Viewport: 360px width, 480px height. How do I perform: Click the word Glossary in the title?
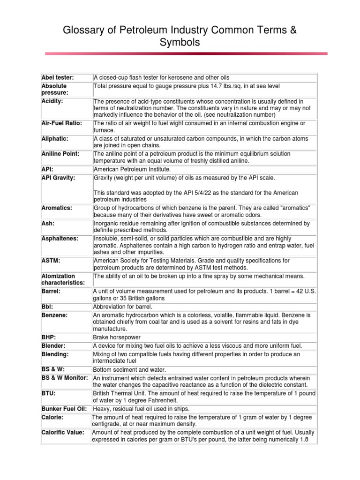click(83, 31)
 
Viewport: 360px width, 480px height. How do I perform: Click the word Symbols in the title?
click(180, 43)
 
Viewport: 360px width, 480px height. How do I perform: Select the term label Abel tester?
click(58, 77)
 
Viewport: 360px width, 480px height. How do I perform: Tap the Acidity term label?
click(52, 101)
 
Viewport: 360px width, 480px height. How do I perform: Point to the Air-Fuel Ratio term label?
click(61, 123)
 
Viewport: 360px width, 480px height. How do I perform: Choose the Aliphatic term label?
click(55, 139)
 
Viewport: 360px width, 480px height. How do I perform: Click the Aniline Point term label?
click(60, 154)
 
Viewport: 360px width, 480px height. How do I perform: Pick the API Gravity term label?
click(58, 178)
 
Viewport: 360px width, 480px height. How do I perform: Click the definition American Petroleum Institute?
click(132, 169)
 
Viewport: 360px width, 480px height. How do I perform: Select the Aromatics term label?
click(56, 208)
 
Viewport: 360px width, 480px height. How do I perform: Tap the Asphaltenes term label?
click(60, 239)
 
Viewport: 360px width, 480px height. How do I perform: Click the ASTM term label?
click(51, 261)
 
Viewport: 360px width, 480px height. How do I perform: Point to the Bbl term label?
click(48, 307)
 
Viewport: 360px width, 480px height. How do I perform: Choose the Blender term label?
click(53, 345)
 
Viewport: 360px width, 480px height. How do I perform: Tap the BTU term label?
click(49, 393)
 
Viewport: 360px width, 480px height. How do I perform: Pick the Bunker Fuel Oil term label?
click(64, 409)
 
